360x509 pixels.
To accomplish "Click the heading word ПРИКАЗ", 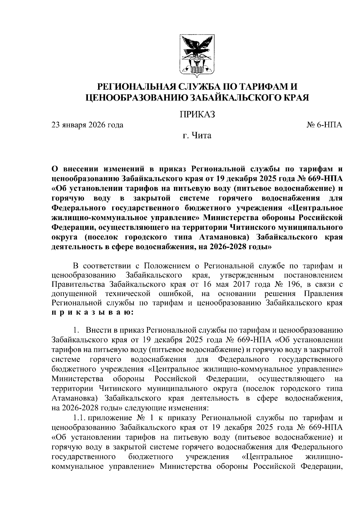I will pos(197,115).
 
